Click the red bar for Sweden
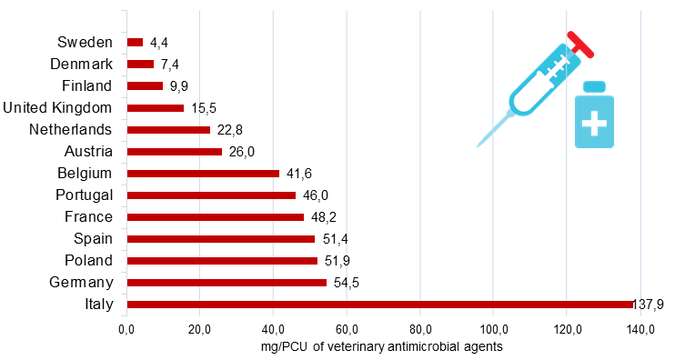point(135,42)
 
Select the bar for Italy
point(380,305)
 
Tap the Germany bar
point(227,283)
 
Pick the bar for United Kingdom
point(156,108)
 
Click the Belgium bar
point(203,174)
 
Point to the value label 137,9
point(648,305)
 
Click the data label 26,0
point(241,152)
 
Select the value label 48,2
point(323,217)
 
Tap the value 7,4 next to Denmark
point(169,65)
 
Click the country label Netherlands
point(71,129)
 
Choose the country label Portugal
point(85,195)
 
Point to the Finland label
point(87,85)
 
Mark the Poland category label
point(88,260)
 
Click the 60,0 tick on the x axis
point(347,330)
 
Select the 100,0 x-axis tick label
point(493,330)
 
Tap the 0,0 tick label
point(126,330)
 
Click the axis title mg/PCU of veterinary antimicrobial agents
point(381,346)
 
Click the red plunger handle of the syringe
point(580,45)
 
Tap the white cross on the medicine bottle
point(594,124)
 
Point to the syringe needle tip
point(478,145)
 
